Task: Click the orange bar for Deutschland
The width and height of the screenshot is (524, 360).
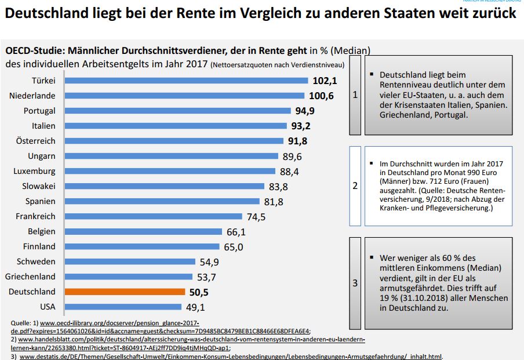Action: (x=125, y=292)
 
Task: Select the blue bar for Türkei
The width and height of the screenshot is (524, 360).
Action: (x=186, y=81)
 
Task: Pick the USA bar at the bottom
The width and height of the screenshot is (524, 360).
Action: (x=123, y=307)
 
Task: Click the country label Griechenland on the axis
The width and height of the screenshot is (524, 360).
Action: (x=31, y=277)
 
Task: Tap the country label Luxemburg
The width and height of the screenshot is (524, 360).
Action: (x=35, y=171)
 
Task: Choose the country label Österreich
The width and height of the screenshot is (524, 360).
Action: (x=36, y=141)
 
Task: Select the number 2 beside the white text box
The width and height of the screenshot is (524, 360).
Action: (x=355, y=186)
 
